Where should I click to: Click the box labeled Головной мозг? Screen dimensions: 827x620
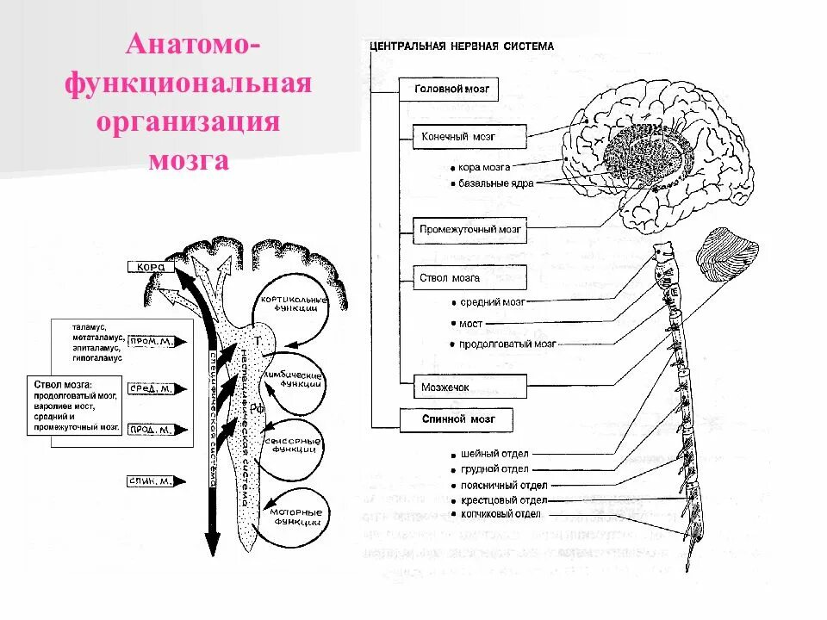(x=449, y=89)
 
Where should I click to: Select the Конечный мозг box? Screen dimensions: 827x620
(x=459, y=136)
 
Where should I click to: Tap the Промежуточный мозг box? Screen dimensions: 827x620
(x=470, y=230)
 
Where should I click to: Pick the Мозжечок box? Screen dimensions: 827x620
(x=445, y=387)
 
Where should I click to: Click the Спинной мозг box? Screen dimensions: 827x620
(x=456, y=419)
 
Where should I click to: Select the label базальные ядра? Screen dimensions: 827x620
(x=494, y=184)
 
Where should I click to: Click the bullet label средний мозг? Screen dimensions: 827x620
(x=492, y=302)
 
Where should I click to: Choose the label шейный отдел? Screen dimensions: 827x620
(x=494, y=454)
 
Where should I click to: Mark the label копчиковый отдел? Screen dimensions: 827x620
(x=501, y=514)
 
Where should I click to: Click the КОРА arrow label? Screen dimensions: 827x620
(x=152, y=267)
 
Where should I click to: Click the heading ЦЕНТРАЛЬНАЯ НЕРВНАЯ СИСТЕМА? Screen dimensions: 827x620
(x=461, y=46)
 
